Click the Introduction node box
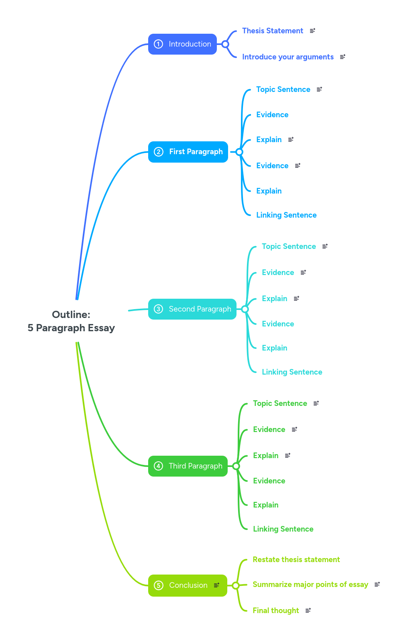[183, 44]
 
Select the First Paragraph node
[188, 152]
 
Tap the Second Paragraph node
[192, 309]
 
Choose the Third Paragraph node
[188, 466]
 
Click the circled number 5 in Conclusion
[159, 585]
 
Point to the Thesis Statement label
[273, 31]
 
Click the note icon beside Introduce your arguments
[343, 57]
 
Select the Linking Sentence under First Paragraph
[286, 215]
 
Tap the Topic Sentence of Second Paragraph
[289, 247]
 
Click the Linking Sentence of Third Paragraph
[283, 529]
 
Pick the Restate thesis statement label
[296, 560]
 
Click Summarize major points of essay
[310, 585]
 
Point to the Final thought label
[276, 611]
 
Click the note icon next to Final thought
[308, 611]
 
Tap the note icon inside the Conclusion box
[216, 585]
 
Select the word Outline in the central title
[71, 314]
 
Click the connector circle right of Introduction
[225, 44]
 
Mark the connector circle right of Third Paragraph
[236, 466]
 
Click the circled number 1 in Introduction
[159, 44]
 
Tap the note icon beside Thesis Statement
[312, 31]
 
